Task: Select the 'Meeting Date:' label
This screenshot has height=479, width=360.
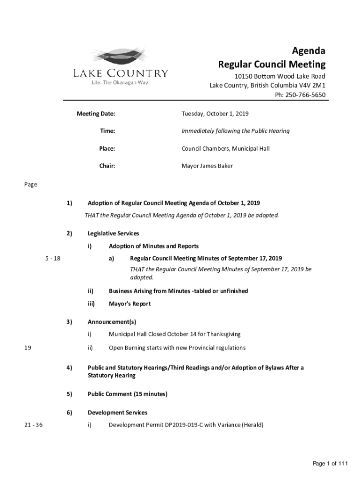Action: [96, 114]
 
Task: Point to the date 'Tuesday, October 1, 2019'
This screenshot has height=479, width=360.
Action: [215, 114]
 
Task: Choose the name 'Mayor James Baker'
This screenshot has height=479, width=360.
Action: [207, 166]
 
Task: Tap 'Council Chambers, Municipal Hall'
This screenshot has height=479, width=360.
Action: [225, 149]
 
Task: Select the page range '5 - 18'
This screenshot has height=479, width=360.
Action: [53, 258]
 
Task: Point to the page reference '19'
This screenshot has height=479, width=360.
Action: [28, 348]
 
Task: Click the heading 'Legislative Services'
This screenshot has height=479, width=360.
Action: [113, 233]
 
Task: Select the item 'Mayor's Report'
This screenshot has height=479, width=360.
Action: [130, 304]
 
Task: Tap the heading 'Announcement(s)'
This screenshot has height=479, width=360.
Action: [112, 322]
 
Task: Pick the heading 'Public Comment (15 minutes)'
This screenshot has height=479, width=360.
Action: [127, 394]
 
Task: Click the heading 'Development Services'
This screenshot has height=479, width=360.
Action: [117, 413]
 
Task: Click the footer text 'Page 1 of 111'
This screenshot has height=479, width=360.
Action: [331, 464]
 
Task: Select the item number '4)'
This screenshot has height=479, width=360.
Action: [69, 368]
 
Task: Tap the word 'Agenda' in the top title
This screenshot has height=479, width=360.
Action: [309, 51]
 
